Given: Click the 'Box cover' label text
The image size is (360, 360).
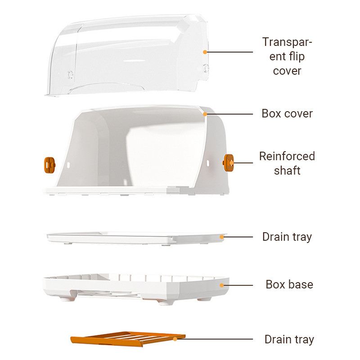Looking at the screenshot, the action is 287,113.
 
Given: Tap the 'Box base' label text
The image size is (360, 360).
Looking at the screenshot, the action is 289,284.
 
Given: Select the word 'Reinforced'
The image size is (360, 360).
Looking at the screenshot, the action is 287,156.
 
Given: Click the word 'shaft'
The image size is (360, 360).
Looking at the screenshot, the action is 287,171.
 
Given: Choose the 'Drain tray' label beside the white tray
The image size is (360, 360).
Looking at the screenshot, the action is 287,237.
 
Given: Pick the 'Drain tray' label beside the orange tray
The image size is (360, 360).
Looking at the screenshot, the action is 289,339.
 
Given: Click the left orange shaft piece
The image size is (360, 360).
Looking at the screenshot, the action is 49,165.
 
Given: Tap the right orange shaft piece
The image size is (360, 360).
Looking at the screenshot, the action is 229,163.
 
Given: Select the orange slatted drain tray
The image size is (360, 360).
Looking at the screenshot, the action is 128,339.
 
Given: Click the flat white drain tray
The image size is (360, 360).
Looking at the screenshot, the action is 135,238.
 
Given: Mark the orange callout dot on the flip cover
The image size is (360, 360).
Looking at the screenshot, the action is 205,52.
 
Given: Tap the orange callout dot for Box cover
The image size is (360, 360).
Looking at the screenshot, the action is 205,114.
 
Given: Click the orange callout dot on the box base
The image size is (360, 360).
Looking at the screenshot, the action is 221,285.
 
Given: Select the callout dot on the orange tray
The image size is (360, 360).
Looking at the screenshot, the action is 175,339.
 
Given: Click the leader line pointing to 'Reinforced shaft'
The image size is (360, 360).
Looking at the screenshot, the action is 243,163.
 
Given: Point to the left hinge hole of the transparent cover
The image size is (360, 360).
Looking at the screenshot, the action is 70,75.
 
